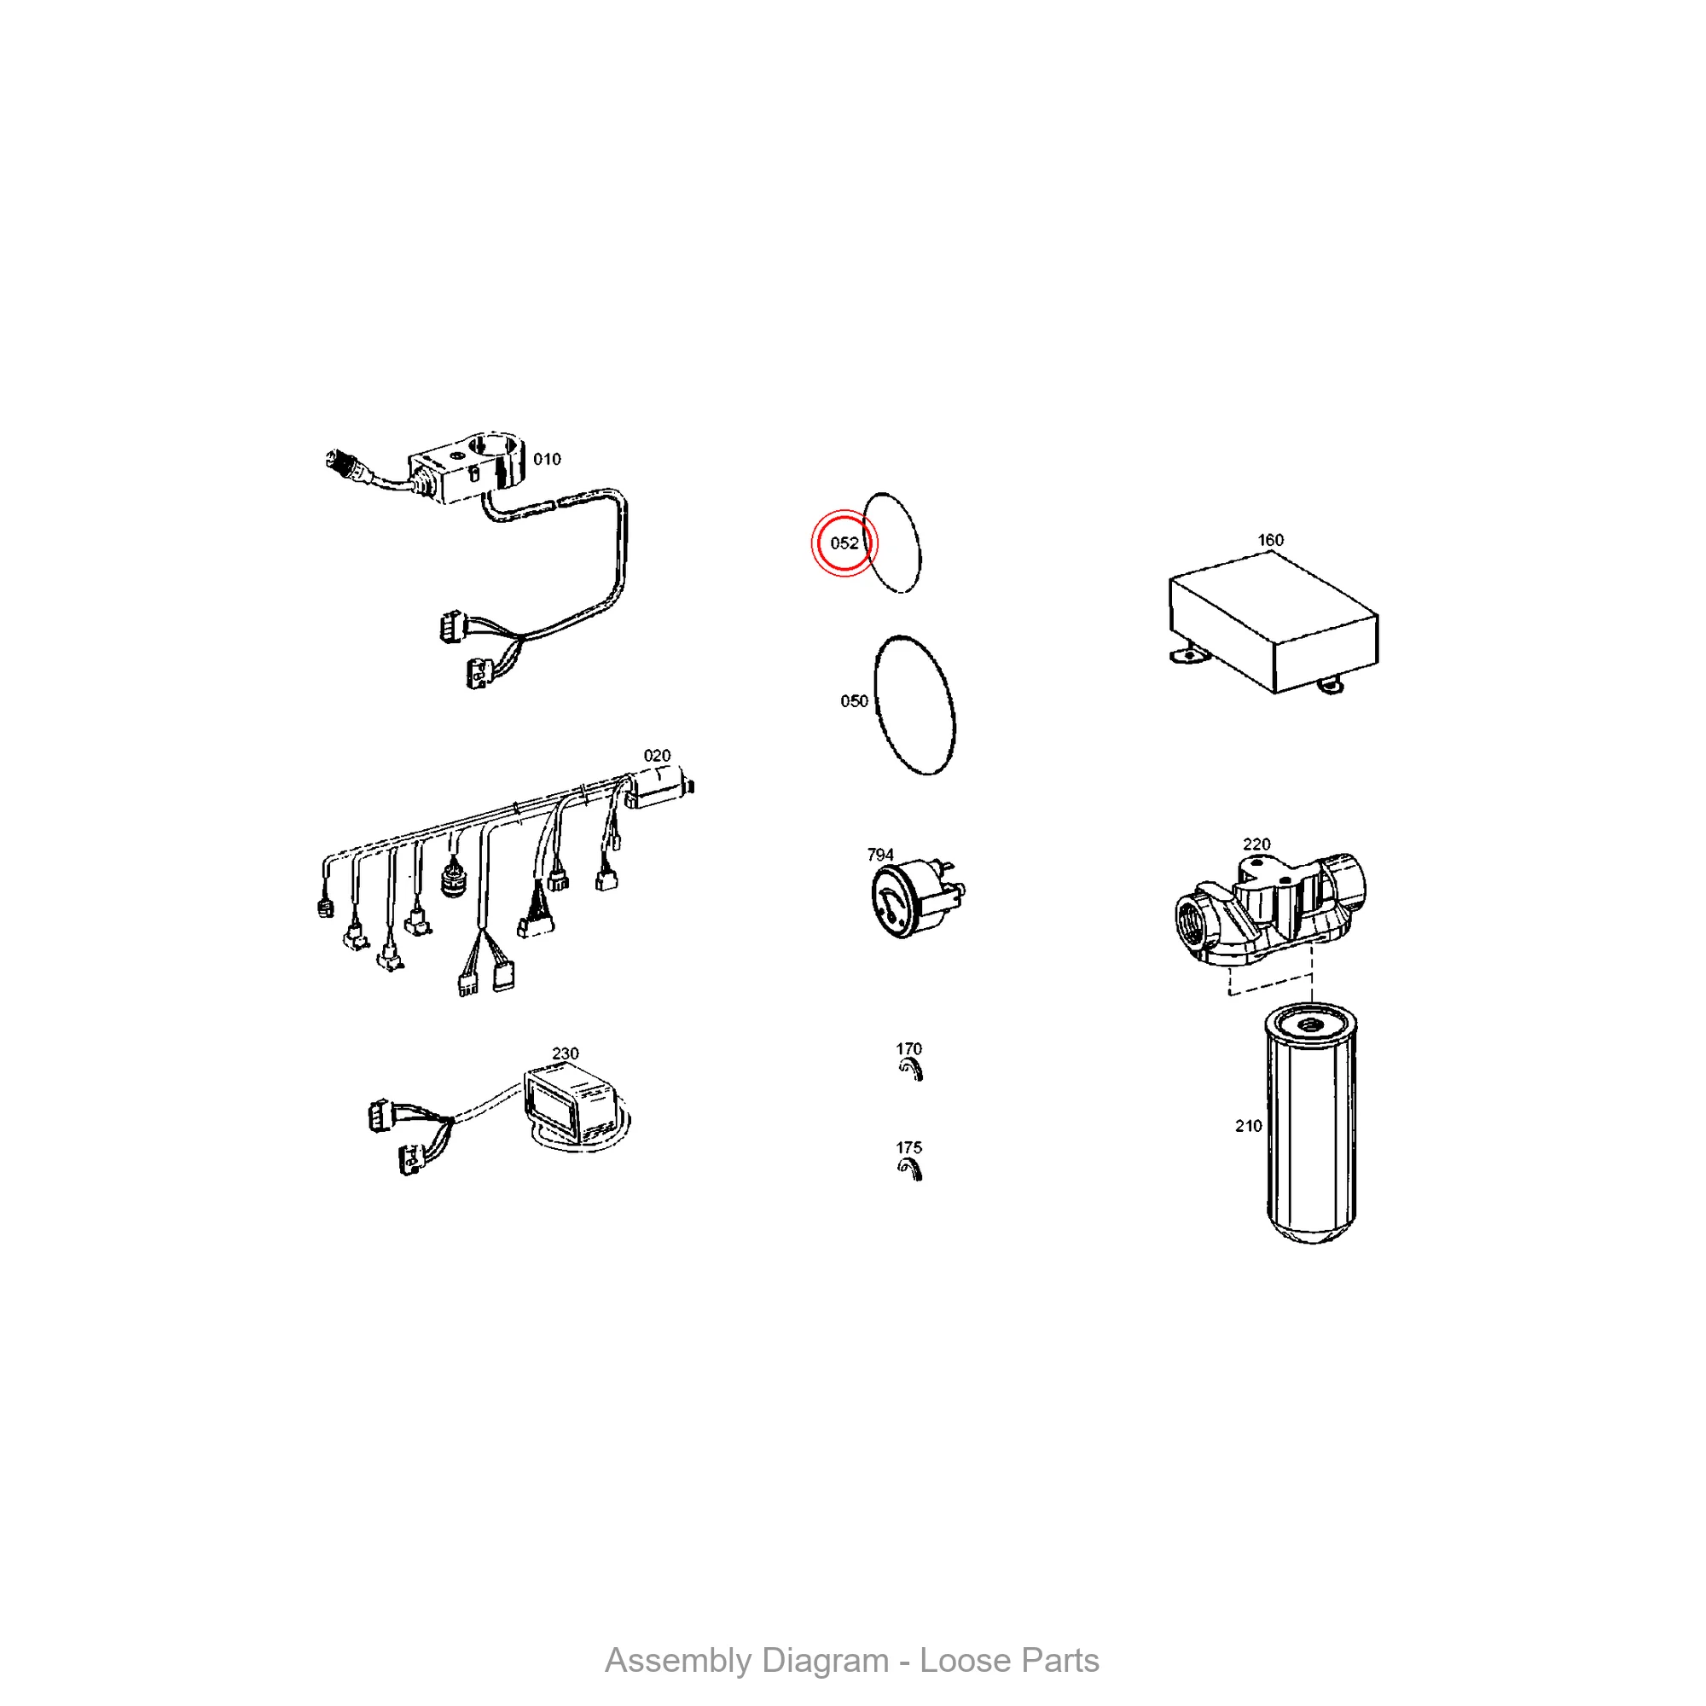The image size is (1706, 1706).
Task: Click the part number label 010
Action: pyautogui.click(x=547, y=459)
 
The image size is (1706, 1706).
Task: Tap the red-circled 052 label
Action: pyautogui.click(x=844, y=543)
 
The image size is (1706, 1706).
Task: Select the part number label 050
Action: pyautogui.click(x=854, y=701)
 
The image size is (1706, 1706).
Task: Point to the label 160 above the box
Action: pyautogui.click(x=1270, y=540)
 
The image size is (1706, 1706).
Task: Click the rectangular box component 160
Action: pyautogui.click(x=1274, y=622)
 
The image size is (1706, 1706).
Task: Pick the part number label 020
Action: pyautogui.click(x=657, y=756)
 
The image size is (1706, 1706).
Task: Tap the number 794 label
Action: pyautogui.click(x=880, y=855)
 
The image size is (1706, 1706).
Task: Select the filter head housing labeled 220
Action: pyautogui.click(x=1270, y=909)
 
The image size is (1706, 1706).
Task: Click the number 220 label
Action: pyautogui.click(x=1256, y=844)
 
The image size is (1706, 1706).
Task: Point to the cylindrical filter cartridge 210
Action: pyautogui.click(x=1311, y=1126)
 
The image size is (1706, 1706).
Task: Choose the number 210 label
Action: pyautogui.click(x=1249, y=1126)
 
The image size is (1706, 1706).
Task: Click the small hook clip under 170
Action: pyautogui.click(x=910, y=1071)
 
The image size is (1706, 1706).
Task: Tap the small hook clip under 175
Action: pyautogui.click(x=910, y=1170)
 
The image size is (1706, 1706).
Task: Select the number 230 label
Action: pyautogui.click(x=566, y=1053)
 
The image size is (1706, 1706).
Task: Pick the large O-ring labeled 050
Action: pyautogui.click(x=914, y=705)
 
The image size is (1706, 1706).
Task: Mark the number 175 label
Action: pyautogui.click(x=908, y=1148)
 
